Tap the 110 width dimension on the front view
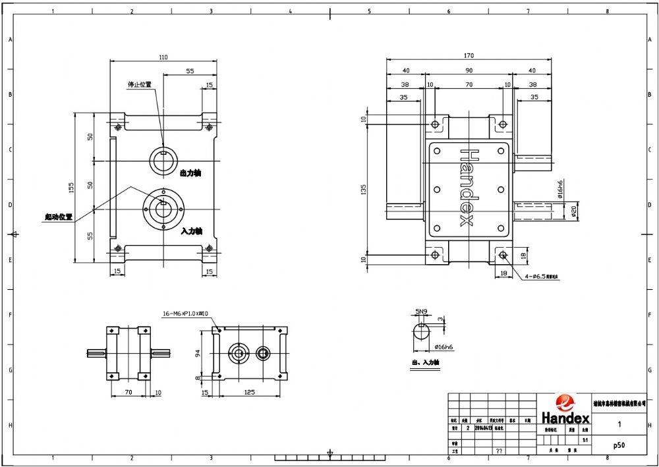(x=163, y=57)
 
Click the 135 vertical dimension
(x=362, y=190)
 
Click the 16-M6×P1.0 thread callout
(x=185, y=314)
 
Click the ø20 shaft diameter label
(x=573, y=211)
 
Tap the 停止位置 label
(x=139, y=84)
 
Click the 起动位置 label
(x=59, y=217)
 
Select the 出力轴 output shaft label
(x=190, y=173)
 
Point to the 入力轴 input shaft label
(x=191, y=231)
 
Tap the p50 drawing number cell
(x=619, y=445)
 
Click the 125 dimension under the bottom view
(x=249, y=393)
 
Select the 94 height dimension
(x=197, y=354)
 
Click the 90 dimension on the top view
(x=469, y=70)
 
